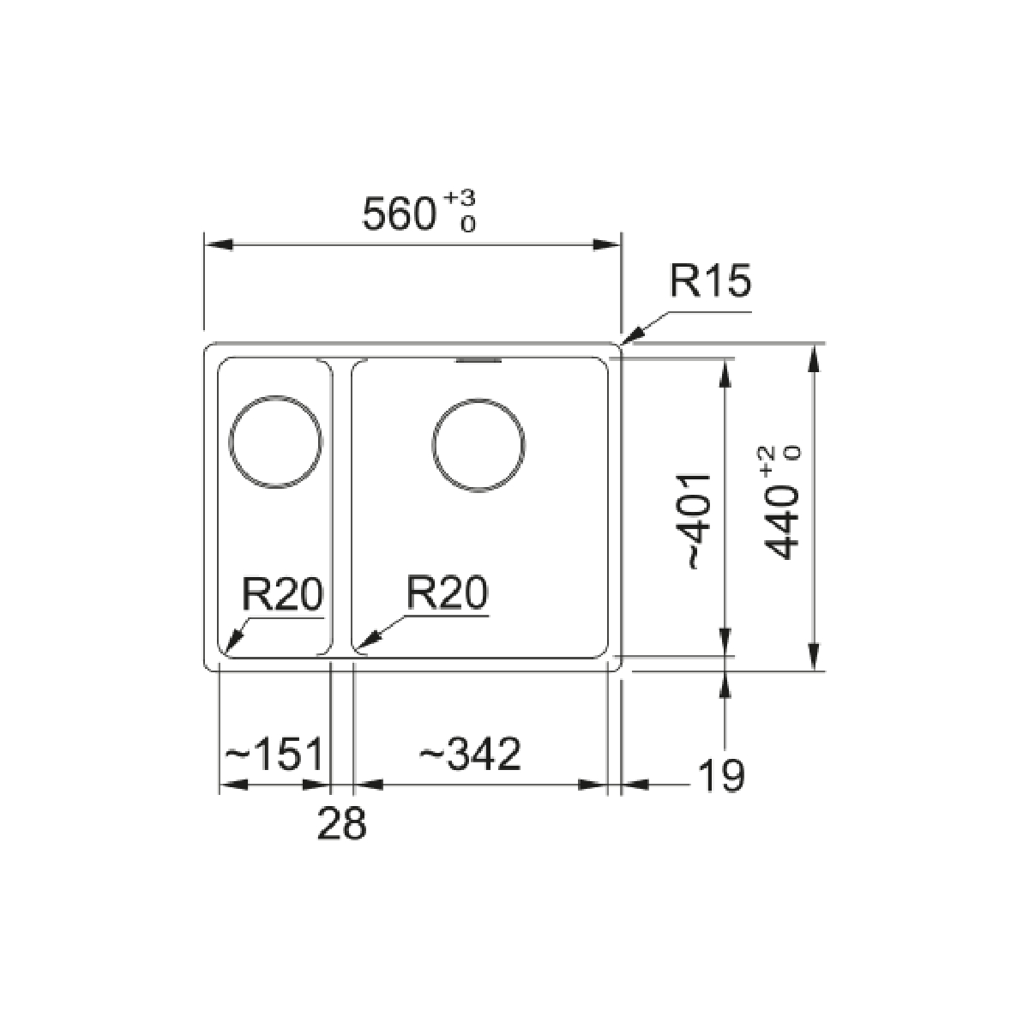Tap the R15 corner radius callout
(710, 281)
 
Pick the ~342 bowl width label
(470, 754)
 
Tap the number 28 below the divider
(342, 823)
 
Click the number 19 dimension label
(721, 775)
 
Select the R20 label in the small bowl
(282, 593)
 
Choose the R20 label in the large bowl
(447, 593)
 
